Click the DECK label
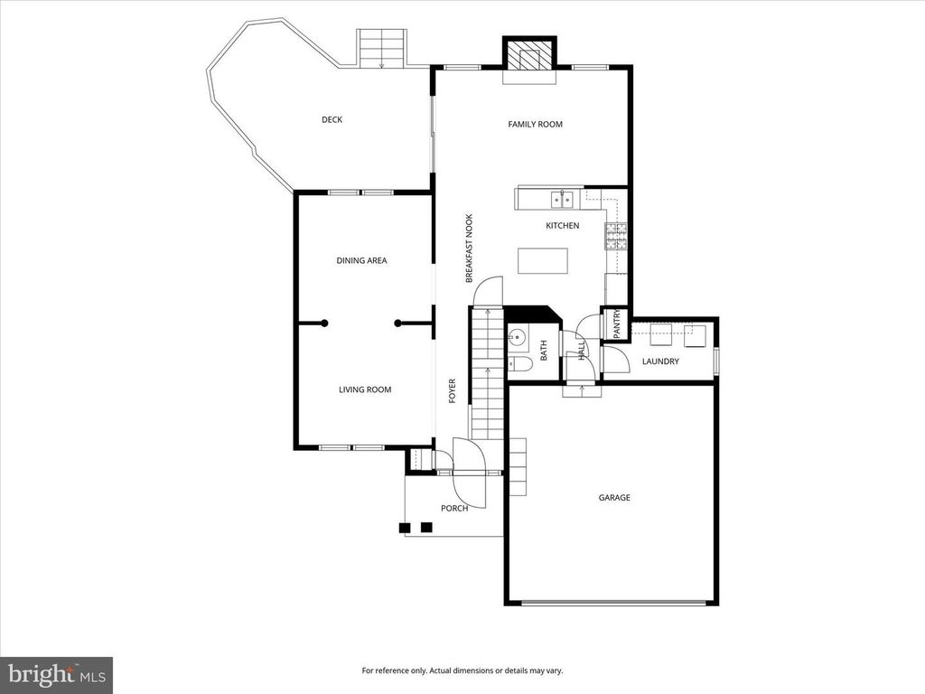332,119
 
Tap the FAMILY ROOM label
535,124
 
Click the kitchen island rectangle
544,260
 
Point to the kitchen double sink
563,199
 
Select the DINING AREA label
361,260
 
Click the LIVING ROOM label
365,389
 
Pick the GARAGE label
614,497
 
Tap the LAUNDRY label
660,361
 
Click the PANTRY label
617,324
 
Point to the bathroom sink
518,338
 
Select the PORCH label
454,508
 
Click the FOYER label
453,389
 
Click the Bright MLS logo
56,674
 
